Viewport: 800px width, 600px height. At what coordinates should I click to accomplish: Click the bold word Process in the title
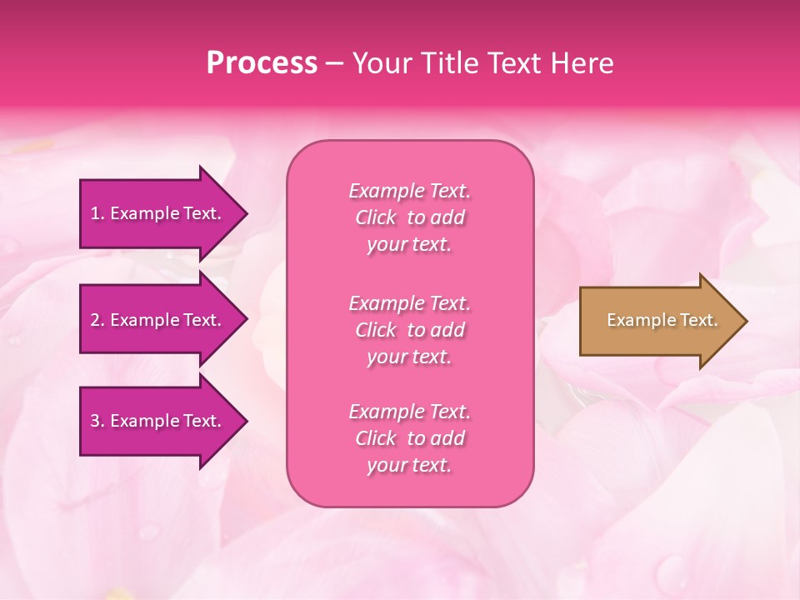(x=262, y=63)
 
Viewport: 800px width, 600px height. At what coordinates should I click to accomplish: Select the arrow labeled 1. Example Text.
(x=158, y=213)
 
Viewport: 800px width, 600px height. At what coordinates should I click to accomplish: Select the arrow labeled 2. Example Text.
(x=158, y=320)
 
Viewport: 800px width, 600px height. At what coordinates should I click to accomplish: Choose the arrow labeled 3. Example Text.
(x=158, y=421)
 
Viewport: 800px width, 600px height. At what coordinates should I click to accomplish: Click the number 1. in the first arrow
(x=97, y=213)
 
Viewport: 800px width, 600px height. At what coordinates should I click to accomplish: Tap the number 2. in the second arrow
(x=97, y=320)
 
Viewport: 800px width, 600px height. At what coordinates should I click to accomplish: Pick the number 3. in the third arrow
(x=97, y=421)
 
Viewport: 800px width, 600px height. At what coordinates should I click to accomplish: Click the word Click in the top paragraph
(x=376, y=217)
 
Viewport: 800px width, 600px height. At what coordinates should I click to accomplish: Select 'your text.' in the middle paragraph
(x=409, y=357)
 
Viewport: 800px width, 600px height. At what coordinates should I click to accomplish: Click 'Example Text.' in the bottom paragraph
(x=409, y=412)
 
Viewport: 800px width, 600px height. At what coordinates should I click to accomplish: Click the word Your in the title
(x=379, y=63)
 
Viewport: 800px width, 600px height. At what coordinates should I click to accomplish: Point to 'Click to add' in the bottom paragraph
(x=409, y=438)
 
